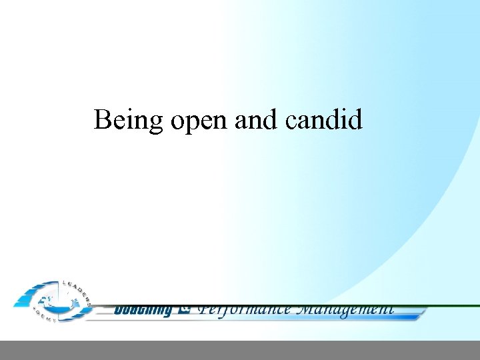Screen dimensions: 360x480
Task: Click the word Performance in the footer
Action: coord(245,309)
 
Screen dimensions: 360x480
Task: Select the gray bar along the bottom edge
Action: coord(240,350)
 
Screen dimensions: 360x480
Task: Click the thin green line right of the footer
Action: coord(453,306)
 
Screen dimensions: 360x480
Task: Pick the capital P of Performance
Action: coord(205,309)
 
